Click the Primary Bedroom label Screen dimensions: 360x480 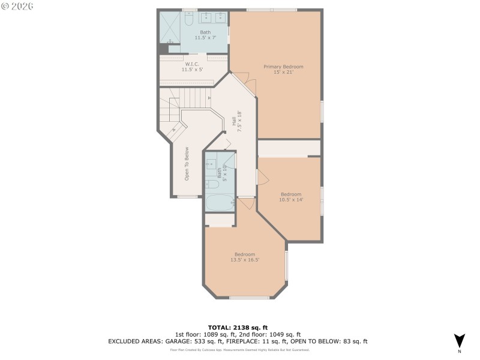click(283, 67)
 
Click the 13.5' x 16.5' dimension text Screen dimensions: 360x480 click(245, 260)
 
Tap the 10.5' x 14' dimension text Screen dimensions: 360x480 click(291, 200)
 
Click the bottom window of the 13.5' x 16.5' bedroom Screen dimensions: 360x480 click(249, 298)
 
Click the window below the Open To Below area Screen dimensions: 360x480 click(188, 196)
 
